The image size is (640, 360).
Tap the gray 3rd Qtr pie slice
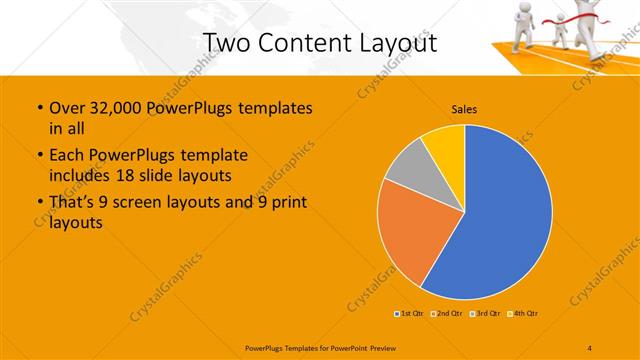[x=408, y=164]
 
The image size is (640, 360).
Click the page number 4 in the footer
[x=589, y=347]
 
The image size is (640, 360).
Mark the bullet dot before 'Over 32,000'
[x=39, y=108]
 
